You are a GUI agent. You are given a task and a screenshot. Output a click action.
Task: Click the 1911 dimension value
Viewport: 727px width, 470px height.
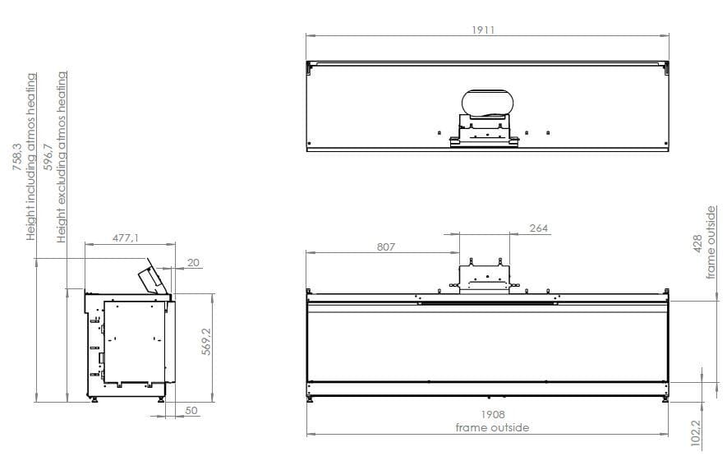point(483,30)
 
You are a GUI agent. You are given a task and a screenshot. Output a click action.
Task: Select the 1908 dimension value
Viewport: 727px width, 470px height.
point(493,415)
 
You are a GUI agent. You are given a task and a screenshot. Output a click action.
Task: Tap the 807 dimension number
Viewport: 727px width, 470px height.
point(386,246)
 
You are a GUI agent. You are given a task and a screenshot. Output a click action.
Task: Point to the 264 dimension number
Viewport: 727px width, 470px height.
point(538,228)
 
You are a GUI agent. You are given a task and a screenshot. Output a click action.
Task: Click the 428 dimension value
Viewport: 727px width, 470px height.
point(698,245)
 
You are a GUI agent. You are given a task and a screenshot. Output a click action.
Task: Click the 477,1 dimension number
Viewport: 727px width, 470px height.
point(126,238)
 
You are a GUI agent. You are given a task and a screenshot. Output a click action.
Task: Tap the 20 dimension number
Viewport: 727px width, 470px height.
point(193,262)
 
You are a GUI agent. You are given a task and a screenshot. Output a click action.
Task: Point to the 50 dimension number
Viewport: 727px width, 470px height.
point(191,410)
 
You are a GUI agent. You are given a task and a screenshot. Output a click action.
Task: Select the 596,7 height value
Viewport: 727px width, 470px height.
point(48,156)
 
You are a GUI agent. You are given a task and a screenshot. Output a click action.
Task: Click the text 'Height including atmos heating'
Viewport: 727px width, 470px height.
point(31,156)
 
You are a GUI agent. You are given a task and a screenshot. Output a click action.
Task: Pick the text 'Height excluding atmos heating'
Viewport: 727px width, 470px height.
point(62,156)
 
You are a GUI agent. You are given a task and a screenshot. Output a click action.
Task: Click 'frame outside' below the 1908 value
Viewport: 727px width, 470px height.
point(493,427)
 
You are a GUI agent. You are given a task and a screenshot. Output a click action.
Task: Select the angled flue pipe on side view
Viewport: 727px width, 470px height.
point(152,277)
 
